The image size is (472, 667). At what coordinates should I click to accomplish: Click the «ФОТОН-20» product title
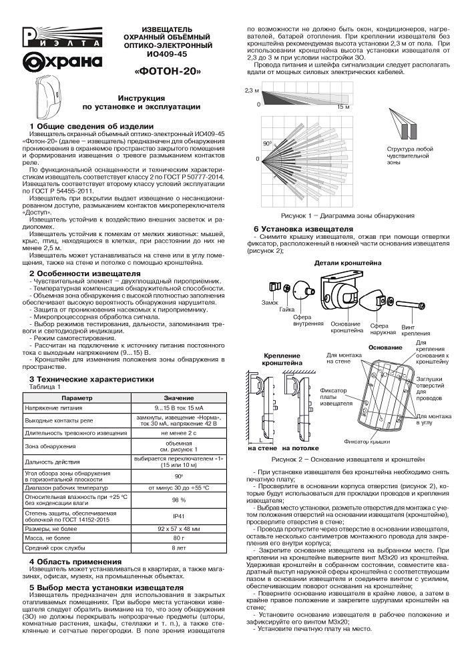[x=168, y=69]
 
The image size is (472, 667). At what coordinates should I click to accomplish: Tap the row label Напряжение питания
[x=57, y=407]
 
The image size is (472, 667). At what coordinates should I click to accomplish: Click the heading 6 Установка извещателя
[x=303, y=229]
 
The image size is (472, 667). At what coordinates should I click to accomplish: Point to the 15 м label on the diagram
[x=342, y=105]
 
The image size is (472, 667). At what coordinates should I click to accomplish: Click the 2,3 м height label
[x=252, y=89]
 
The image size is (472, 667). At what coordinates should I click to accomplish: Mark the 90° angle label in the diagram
[x=266, y=143]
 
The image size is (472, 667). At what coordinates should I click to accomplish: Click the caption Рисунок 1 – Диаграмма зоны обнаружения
[x=347, y=216]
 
